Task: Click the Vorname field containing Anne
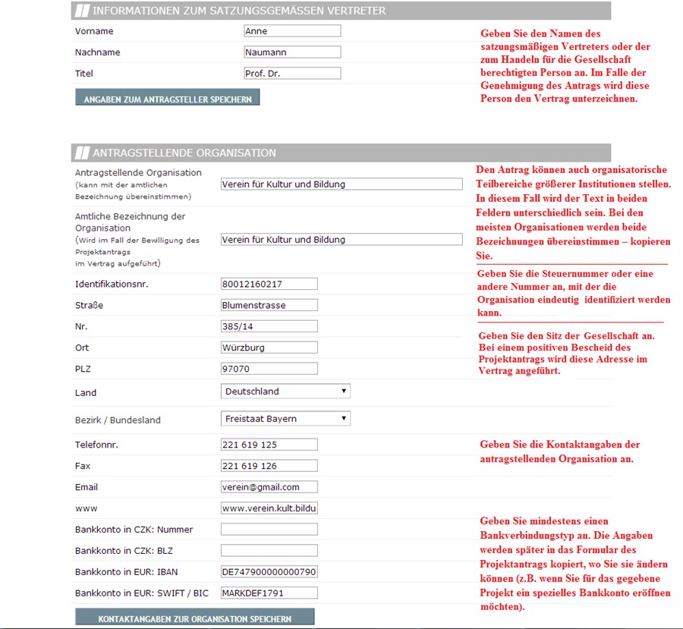(x=291, y=31)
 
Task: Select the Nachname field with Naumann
(x=291, y=52)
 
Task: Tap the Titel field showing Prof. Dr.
(x=291, y=74)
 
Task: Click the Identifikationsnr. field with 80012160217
(x=269, y=284)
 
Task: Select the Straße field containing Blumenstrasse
(x=269, y=305)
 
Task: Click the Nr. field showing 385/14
(x=269, y=326)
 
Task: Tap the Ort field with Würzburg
(x=269, y=348)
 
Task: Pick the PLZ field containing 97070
(x=269, y=369)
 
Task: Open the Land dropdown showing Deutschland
(x=285, y=392)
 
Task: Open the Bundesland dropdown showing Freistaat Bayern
(x=285, y=419)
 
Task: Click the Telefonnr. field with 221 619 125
(x=269, y=445)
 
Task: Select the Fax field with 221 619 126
(x=269, y=466)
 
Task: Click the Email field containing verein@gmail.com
(x=269, y=487)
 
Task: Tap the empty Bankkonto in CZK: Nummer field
(x=269, y=530)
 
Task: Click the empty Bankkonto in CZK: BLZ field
(x=269, y=551)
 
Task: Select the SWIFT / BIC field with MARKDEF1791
(x=269, y=593)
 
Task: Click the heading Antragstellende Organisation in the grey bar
(x=184, y=153)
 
